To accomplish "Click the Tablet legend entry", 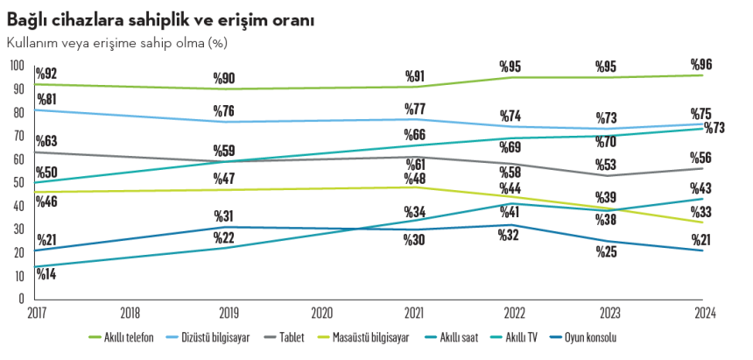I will point(293,337).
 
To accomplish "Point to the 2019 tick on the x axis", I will point(226,312).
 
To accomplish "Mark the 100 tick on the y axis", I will point(18,65).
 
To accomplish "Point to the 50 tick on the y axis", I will point(18,182).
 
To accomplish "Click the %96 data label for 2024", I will point(701,64).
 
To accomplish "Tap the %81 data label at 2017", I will point(47,98).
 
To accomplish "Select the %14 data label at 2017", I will point(47,273).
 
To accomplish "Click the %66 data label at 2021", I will point(414,135).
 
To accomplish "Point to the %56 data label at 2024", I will point(702,158).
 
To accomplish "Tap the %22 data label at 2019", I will point(224,237).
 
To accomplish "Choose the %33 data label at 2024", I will point(702,211).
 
